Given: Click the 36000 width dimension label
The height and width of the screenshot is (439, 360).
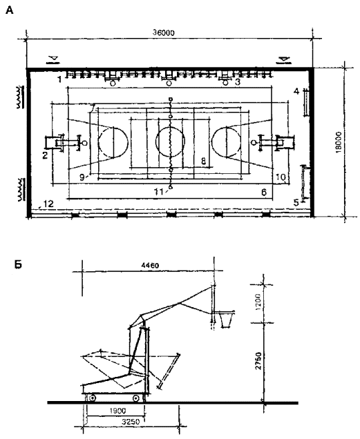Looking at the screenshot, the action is click(x=164, y=32).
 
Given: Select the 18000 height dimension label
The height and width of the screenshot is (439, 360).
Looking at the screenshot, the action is click(x=339, y=142).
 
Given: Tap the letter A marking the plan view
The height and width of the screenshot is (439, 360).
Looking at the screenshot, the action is click(x=10, y=10).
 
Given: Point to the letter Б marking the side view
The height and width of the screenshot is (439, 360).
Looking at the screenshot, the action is click(x=18, y=264).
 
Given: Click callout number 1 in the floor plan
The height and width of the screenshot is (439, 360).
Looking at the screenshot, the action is click(x=59, y=80).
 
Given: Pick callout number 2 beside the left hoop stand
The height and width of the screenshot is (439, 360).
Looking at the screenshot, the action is click(x=45, y=155).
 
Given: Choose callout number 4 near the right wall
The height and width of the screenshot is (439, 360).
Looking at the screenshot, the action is click(x=296, y=91).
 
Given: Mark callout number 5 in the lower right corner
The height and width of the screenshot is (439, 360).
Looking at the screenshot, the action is click(x=296, y=202).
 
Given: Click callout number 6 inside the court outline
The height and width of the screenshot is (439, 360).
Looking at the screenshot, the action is click(x=263, y=192).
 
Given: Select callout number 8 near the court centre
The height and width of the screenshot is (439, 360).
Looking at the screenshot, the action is click(x=203, y=160).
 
